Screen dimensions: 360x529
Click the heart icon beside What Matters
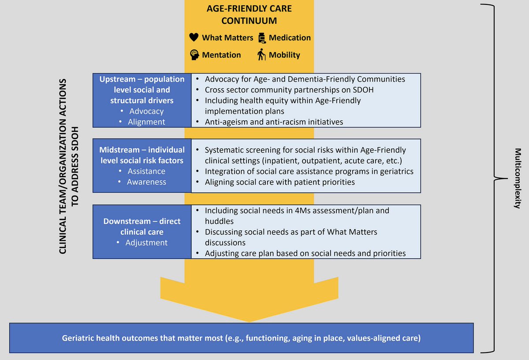[x=194, y=38]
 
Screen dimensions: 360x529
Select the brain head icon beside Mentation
[x=194, y=55]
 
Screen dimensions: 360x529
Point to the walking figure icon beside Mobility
[x=262, y=55]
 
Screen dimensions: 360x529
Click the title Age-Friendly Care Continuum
[x=250, y=15]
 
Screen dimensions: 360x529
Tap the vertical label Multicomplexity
[x=518, y=178]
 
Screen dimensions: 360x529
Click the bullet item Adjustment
[x=146, y=243]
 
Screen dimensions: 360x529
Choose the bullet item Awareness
[x=146, y=182]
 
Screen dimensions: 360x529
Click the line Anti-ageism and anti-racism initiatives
[x=274, y=122]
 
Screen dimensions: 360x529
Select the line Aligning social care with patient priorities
[x=279, y=182]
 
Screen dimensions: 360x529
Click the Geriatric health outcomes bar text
[x=241, y=338]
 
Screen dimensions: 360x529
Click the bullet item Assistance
[x=146, y=171]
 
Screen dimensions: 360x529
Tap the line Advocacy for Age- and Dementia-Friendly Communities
[x=305, y=79]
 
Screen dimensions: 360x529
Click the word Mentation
[x=221, y=55]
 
